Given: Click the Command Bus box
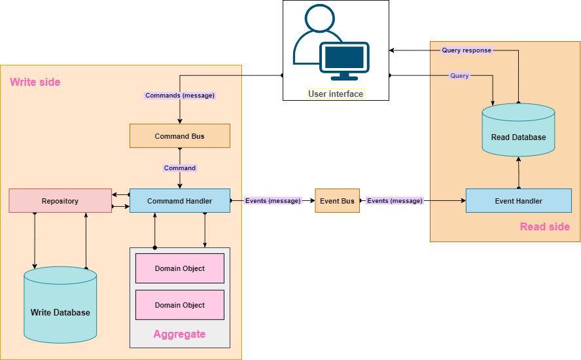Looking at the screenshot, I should point(180,136).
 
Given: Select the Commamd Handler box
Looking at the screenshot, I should point(180,201).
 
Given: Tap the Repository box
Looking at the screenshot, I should point(60,201).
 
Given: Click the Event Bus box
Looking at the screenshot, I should point(337,201).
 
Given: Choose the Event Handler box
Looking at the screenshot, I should point(518,201).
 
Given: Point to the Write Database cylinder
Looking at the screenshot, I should point(60,308).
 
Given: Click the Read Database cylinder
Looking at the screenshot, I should point(518,134).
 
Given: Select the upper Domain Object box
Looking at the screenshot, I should point(180,268).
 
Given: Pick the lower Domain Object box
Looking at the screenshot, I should point(180,305).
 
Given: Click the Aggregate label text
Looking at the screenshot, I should point(179,334).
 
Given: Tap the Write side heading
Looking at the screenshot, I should point(35,82).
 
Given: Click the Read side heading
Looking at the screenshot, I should point(544,226).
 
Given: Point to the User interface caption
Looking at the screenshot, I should point(336,94).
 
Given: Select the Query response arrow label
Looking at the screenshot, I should point(467,50).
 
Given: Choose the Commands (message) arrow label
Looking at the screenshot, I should point(180,96).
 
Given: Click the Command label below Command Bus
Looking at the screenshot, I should point(180,168).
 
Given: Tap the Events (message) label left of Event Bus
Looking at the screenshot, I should point(273,201).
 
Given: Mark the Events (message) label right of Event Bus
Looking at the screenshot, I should point(395,201).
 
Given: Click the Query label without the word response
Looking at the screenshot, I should point(459,76).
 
